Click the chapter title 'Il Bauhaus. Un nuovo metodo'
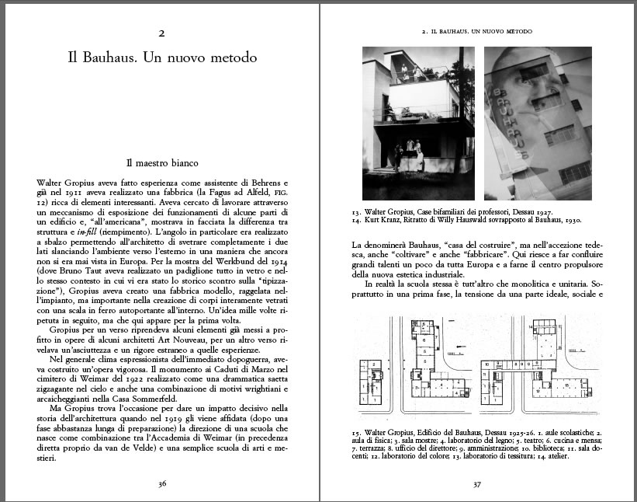161,58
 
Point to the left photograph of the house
419,123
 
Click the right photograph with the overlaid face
538,123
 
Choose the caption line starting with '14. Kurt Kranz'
465,220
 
